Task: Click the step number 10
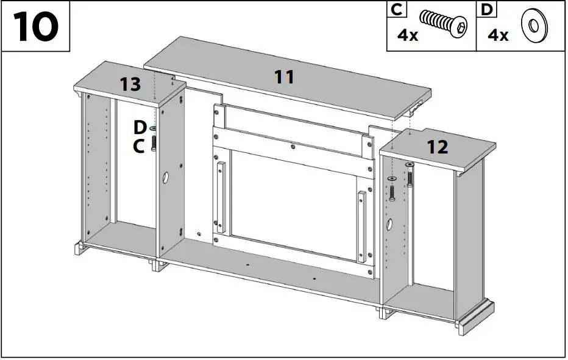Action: pos(35,27)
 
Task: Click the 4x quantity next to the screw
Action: pos(408,35)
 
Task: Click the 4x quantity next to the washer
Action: pos(497,35)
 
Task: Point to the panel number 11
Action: pos(284,77)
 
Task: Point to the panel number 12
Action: pos(438,147)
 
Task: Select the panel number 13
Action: pos(130,85)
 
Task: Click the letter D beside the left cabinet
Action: pos(140,127)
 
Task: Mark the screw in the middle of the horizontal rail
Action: pos(293,146)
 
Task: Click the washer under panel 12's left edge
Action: pos(391,177)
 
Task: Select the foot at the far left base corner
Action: pos(79,248)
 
